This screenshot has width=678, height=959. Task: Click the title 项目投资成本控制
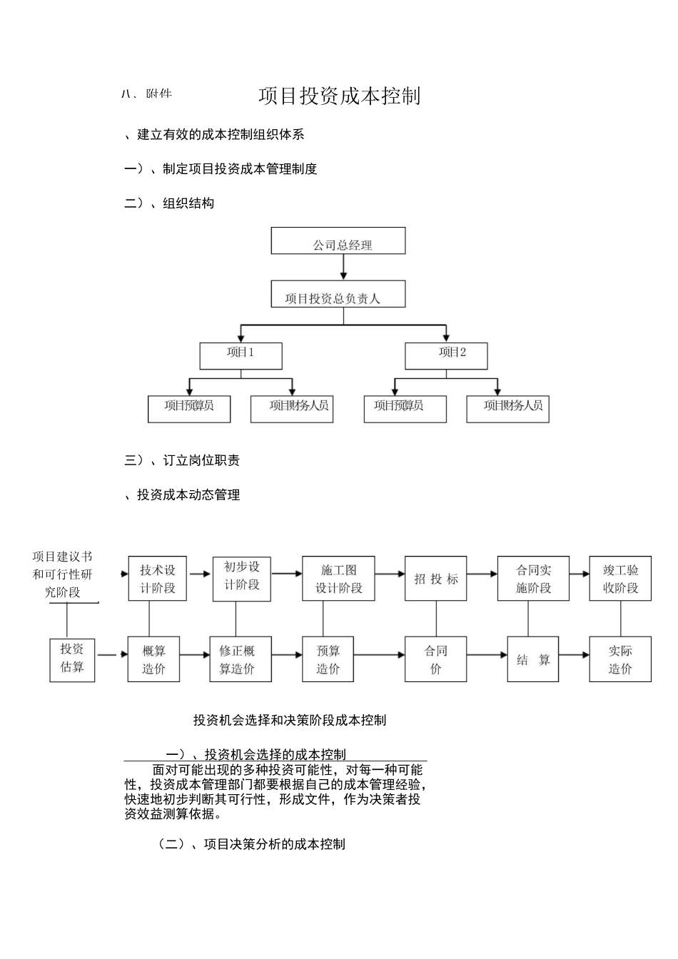[339, 96]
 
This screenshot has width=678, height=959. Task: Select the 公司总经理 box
[338, 241]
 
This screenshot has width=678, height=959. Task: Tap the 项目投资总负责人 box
[338, 294]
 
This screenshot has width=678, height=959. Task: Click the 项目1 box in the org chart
[241, 355]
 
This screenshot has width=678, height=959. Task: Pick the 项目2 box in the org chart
[446, 355]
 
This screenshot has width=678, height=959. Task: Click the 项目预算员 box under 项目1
[189, 409]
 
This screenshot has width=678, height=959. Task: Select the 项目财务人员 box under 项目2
[507, 409]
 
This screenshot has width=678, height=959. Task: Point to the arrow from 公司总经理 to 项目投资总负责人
[343, 267]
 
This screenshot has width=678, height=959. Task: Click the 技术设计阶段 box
[158, 579]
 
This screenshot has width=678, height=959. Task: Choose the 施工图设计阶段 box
[338, 579]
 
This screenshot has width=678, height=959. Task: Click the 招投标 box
[435, 579]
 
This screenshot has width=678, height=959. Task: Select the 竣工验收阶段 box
[620, 579]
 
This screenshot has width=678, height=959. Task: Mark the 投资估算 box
[72, 660]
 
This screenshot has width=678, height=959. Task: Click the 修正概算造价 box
[237, 659]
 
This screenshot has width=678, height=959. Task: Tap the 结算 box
[533, 659]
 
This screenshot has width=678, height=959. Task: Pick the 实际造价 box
[620, 659]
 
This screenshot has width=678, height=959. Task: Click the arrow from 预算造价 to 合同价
[379, 655]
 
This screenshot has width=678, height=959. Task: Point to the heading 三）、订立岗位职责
[182, 460]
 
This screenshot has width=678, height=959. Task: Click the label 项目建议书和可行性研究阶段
[63, 574]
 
